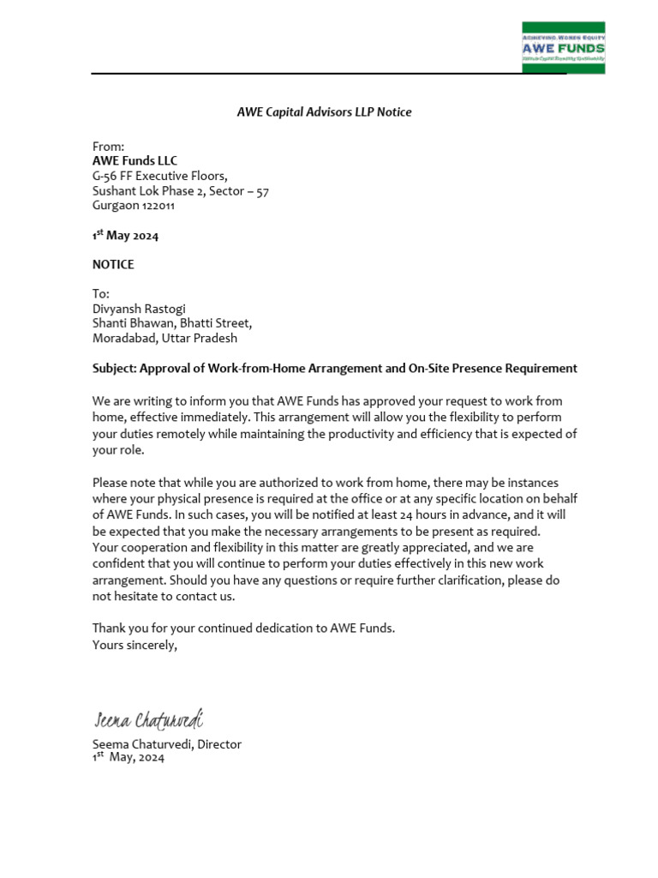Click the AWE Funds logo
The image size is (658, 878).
(563, 48)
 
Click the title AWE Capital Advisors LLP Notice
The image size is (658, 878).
(324, 112)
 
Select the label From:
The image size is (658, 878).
(108, 147)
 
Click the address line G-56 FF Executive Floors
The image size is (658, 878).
(159, 176)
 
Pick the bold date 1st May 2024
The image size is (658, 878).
(125, 236)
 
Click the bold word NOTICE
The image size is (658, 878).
(113, 265)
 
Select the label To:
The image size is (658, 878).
(101, 294)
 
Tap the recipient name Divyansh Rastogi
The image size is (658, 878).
(139, 309)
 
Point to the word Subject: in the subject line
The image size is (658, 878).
(114, 368)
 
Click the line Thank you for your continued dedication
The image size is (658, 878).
(243, 628)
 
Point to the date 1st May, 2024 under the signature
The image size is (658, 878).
(128, 758)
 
